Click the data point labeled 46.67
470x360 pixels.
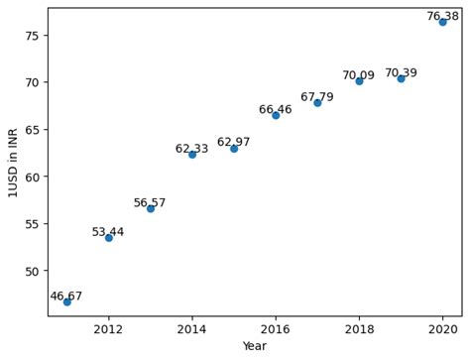(67, 301)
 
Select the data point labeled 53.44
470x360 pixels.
(109, 238)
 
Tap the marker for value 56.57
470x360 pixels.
(151, 208)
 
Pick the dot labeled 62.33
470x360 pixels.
(192, 154)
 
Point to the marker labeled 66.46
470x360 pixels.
(276, 115)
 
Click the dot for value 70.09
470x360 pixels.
(359, 80)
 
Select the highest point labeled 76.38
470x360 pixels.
(442, 21)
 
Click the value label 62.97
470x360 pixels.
(234, 142)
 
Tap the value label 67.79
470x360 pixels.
(317, 97)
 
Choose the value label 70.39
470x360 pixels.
(401, 72)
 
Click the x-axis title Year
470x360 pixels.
(255, 346)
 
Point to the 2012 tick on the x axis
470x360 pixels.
(109, 328)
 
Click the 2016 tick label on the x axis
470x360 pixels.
(276, 328)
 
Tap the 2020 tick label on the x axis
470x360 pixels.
(442, 328)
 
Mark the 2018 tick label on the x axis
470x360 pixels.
(359, 328)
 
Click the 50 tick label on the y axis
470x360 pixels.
(33, 271)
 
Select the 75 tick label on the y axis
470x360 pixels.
(33, 35)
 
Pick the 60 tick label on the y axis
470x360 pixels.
(33, 177)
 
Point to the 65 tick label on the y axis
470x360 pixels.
(33, 129)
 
